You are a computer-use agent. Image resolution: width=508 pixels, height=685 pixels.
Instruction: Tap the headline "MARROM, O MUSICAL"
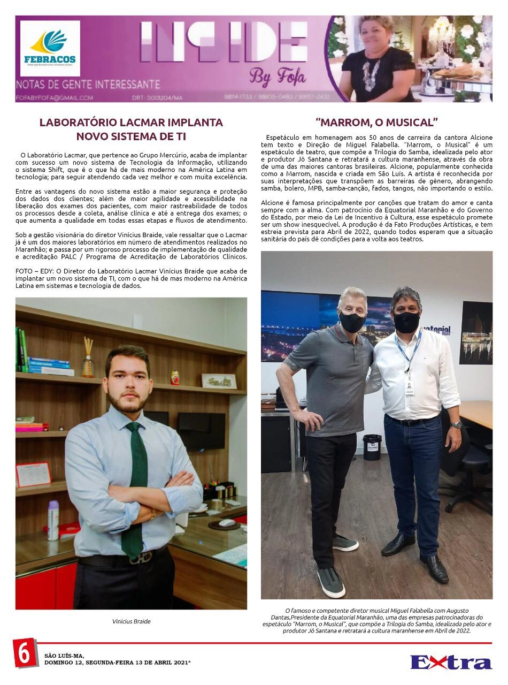pyautogui.click(x=377, y=122)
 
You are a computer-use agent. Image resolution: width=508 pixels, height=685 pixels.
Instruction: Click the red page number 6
pyautogui.click(x=25, y=653)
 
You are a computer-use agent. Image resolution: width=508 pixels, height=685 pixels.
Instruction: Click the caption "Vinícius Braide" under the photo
pyautogui.click(x=132, y=621)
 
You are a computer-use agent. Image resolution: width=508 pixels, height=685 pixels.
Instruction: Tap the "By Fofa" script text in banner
pyautogui.click(x=278, y=77)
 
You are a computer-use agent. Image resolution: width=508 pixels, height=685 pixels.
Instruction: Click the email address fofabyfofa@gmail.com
pyautogui.click(x=55, y=98)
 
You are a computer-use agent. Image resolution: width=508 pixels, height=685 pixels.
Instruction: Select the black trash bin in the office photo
pyautogui.click(x=372, y=447)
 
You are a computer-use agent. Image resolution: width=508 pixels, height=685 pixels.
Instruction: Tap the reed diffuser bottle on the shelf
pyautogui.click(x=88, y=359)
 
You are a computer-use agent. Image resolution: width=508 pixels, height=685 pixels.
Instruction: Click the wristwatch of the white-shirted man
pyautogui.click(x=455, y=424)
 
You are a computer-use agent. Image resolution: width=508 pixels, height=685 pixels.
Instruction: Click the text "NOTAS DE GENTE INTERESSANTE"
pyautogui.click(x=88, y=85)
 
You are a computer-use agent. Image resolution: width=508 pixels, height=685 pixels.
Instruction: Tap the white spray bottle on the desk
pyautogui.click(x=53, y=520)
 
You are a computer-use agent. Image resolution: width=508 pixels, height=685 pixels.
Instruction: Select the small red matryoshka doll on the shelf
pyautogui.click(x=175, y=377)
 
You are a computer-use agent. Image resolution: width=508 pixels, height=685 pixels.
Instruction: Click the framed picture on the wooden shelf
pyautogui.click(x=219, y=381)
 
